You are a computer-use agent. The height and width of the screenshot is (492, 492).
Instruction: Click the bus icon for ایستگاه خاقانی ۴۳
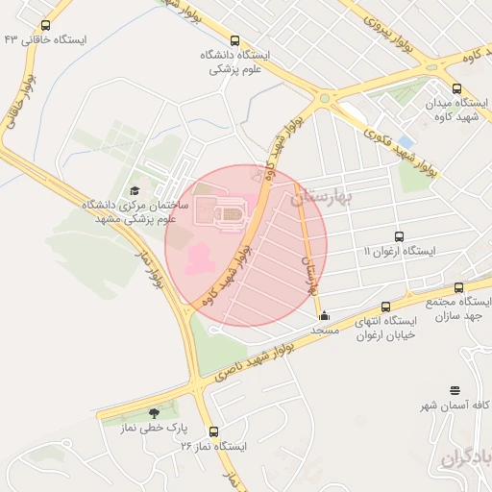coord(46,26)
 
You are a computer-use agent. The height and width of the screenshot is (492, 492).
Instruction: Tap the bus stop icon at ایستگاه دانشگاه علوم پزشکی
coord(234,39)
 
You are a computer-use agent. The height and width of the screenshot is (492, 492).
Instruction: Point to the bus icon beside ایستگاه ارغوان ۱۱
coord(399,235)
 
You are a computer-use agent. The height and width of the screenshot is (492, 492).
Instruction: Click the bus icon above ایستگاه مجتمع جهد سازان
coord(458,287)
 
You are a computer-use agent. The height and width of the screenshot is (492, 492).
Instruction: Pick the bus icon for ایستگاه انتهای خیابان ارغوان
coord(385,307)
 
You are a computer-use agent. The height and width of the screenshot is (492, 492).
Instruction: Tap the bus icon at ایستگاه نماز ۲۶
coord(212,432)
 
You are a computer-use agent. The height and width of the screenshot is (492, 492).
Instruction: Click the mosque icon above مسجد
coord(324,314)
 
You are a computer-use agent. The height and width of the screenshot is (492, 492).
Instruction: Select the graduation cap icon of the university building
coord(134,190)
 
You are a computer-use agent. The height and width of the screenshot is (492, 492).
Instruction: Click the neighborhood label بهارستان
coord(323,197)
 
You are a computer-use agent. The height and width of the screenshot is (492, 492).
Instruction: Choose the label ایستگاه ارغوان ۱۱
coord(399,251)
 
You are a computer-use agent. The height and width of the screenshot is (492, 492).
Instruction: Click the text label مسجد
coord(325,330)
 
